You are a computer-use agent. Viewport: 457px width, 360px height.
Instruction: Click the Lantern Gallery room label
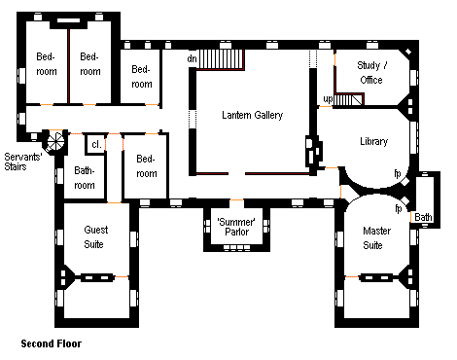click(x=252, y=115)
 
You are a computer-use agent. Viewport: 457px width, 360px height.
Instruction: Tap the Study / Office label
click(x=371, y=73)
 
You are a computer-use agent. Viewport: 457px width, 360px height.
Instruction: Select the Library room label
click(x=373, y=141)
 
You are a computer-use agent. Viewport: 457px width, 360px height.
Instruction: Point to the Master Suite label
click(x=376, y=238)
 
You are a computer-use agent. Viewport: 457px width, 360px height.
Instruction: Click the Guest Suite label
click(x=95, y=237)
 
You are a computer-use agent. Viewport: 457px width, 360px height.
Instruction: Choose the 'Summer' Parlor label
click(x=236, y=227)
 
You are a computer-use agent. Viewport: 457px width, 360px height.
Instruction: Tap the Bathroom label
click(x=85, y=178)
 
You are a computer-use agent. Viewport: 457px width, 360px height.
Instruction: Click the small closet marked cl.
click(x=96, y=144)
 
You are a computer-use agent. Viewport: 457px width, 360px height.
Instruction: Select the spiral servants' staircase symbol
click(x=55, y=141)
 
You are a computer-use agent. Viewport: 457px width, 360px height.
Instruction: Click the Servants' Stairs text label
click(x=23, y=162)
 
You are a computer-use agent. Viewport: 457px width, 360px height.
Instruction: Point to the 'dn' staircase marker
click(x=192, y=58)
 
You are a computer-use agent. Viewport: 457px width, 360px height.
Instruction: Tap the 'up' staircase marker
click(x=328, y=99)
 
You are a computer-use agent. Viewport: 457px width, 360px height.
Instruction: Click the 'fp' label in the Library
click(x=398, y=173)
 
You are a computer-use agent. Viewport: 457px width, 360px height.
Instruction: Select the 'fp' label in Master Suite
click(x=398, y=208)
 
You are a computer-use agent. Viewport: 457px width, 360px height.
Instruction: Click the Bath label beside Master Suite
click(x=423, y=217)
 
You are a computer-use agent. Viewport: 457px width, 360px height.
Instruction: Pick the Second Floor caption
click(x=52, y=343)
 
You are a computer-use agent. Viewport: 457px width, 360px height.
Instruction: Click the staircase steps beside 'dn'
click(x=221, y=58)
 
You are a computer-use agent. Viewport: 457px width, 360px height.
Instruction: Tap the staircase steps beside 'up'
click(x=348, y=99)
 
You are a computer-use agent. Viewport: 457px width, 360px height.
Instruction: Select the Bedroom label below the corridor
click(x=147, y=166)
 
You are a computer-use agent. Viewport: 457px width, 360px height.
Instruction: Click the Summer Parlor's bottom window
click(x=236, y=248)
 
